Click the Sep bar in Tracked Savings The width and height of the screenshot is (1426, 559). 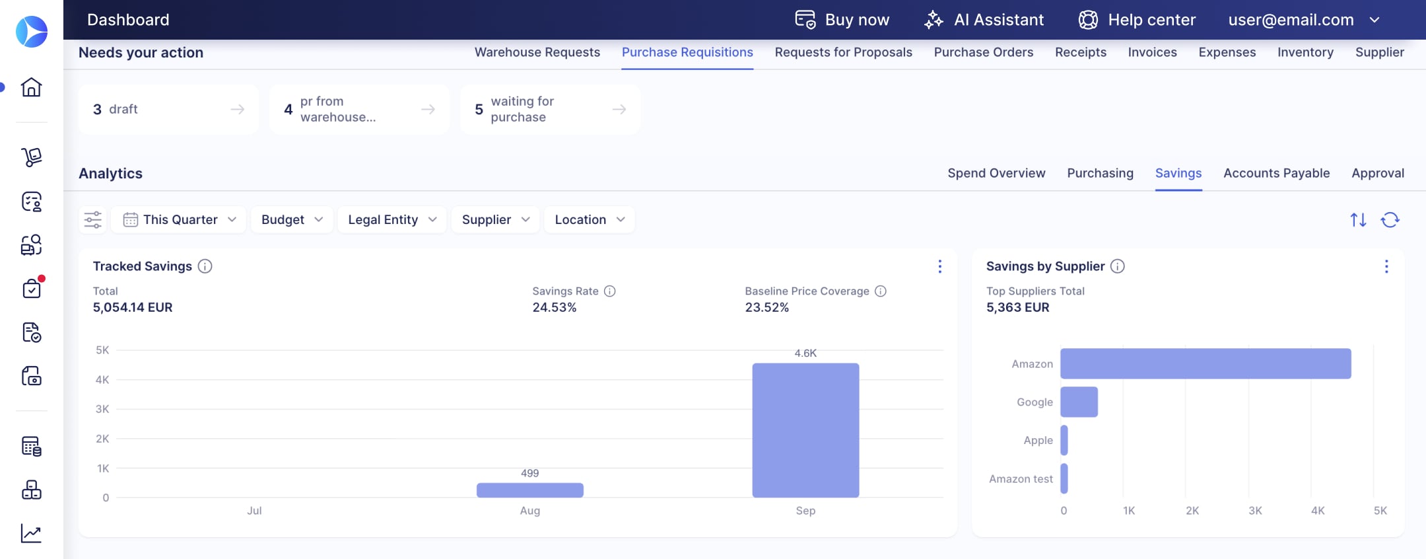[x=805, y=430]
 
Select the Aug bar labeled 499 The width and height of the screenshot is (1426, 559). [x=530, y=490]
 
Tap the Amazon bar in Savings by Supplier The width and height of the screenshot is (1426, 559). [x=1205, y=363]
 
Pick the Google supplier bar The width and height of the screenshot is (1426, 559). [x=1079, y=402]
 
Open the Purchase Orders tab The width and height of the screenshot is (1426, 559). [x=984, y=52]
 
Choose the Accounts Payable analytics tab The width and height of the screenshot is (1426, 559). [x=1276, y=173]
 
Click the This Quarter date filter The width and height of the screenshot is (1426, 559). [x=179, y=219]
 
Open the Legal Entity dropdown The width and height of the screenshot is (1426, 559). [x=392, y=219]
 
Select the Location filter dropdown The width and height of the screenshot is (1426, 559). [x=590, y=219]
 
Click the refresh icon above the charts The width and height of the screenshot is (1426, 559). [x=1390, y=220]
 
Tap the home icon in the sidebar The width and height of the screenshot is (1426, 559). [x=31, y=87]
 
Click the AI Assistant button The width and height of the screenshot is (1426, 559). [x=984, y=20]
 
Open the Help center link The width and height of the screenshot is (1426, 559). [x=1137, y=20]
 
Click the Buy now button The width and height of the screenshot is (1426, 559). [x=842, y=20]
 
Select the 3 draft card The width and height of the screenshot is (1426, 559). [x=168, y=109]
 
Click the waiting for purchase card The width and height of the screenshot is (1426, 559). [x=551, y=109]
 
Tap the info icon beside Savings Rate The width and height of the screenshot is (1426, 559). [x=610, y=291]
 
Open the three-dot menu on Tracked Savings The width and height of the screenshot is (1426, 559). [x=940, y=266]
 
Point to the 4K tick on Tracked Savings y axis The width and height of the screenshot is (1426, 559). [x=102, y=380]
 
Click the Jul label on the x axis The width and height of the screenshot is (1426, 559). [x=254, y=511]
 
